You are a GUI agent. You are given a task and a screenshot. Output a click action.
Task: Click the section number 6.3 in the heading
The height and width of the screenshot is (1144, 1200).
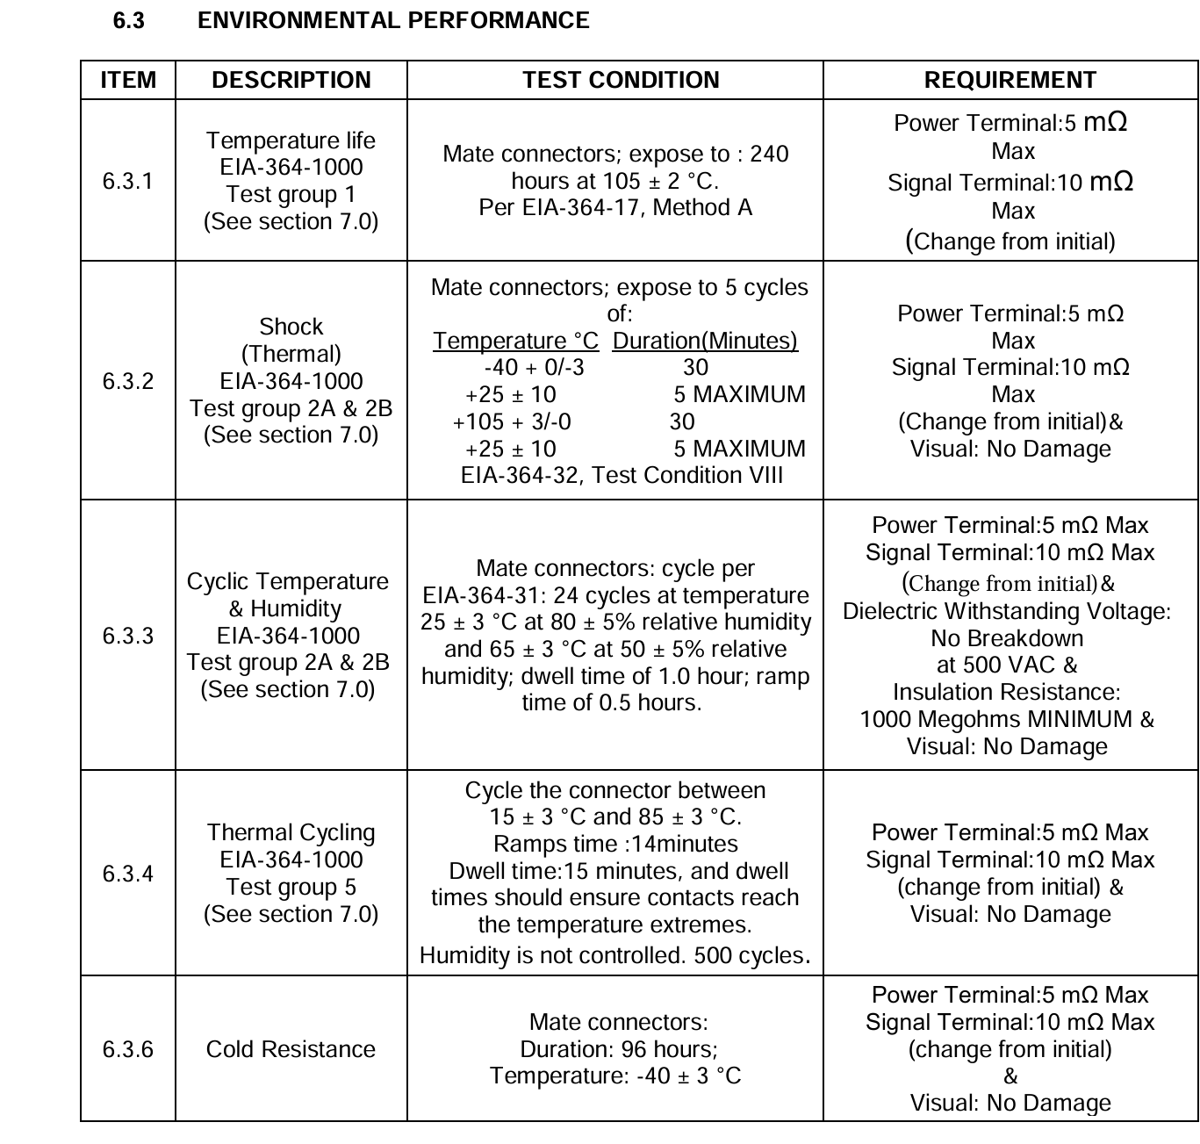pos(128,20)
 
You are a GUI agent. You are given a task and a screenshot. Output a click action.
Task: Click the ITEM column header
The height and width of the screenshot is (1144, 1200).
pos(128,80)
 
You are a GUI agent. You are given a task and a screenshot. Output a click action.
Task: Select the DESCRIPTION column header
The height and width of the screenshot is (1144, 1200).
pos(291,80)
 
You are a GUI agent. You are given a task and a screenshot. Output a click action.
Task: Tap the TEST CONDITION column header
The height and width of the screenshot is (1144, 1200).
pos(621,80)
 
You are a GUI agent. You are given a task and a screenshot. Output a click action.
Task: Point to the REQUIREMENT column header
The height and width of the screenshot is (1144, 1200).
pos(1010,80)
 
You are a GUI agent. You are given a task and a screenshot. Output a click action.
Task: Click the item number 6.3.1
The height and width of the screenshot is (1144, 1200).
pos(127,181)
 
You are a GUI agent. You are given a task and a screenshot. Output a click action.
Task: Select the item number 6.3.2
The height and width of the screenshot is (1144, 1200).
pos(127,381)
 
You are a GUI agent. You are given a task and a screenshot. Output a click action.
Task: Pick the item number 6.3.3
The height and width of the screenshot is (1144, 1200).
pos(127,636)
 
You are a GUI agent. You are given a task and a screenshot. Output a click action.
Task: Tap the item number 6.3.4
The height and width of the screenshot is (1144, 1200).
pos(127,874)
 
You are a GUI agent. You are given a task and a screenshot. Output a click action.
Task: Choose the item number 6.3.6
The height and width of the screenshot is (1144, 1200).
pos(127,1049)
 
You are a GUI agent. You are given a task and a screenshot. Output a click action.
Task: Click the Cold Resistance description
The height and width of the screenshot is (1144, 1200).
pos(291,1049)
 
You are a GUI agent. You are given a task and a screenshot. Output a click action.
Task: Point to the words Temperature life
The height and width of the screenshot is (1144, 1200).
pos(291,140)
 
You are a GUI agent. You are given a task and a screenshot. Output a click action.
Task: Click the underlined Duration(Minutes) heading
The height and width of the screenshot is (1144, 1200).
pos(705,341)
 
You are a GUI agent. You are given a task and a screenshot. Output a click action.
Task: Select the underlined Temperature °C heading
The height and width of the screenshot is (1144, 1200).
pos(515,341)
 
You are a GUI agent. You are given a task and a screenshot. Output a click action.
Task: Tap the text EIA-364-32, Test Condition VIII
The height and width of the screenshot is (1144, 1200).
pos(622,475)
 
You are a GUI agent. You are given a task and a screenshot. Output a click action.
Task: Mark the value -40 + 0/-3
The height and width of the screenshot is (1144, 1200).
pos(534,368)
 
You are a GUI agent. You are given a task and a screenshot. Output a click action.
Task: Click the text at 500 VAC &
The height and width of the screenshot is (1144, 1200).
pos(1007,666)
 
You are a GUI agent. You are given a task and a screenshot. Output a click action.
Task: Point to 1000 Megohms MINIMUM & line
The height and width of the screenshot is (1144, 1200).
pos(1007,719)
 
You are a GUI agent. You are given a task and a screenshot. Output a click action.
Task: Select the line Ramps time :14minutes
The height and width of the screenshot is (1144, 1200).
pos(615,844)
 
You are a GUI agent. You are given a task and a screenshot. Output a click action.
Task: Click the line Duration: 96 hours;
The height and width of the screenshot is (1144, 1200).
pos(618,1049)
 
